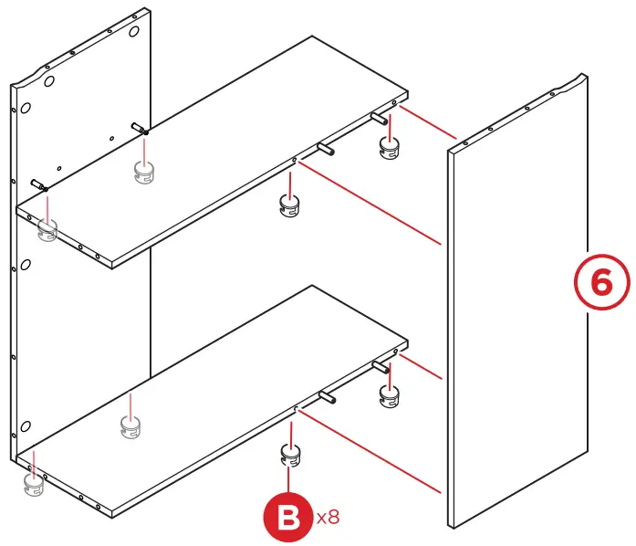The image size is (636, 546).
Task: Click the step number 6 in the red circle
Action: coord(601,282)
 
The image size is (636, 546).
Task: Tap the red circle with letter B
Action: coord(288,518)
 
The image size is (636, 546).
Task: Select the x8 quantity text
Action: coord(328,518)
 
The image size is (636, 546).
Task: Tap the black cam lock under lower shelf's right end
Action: coord(390,394)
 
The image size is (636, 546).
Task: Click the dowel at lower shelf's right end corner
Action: coord(380,366)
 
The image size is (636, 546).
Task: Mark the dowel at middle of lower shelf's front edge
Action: coord(327,396)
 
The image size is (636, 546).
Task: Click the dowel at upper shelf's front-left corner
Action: coord(38,184)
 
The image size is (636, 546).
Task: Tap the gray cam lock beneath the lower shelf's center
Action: coord(133,425)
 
